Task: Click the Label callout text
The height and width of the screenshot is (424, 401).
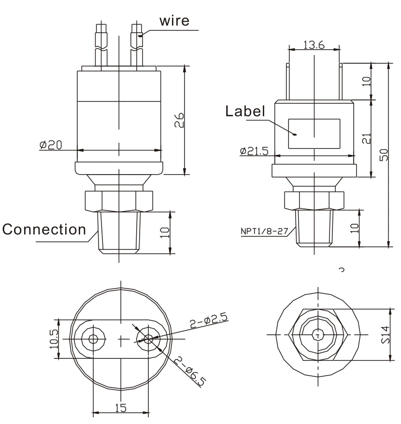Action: pos(245,111)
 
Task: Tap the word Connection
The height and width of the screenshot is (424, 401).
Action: pos(44,230)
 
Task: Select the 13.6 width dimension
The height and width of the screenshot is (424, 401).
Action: pos(314,45)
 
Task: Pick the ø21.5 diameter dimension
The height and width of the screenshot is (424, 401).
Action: pos(253,151)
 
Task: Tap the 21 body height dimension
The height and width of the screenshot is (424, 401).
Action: pos(365,139)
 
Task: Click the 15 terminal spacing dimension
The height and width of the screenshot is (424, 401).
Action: pos(121,408)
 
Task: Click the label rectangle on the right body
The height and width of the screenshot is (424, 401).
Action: pos(314,134)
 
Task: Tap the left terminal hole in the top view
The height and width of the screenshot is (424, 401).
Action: pos(93,339)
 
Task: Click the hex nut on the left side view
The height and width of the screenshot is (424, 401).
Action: pos(118,200)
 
